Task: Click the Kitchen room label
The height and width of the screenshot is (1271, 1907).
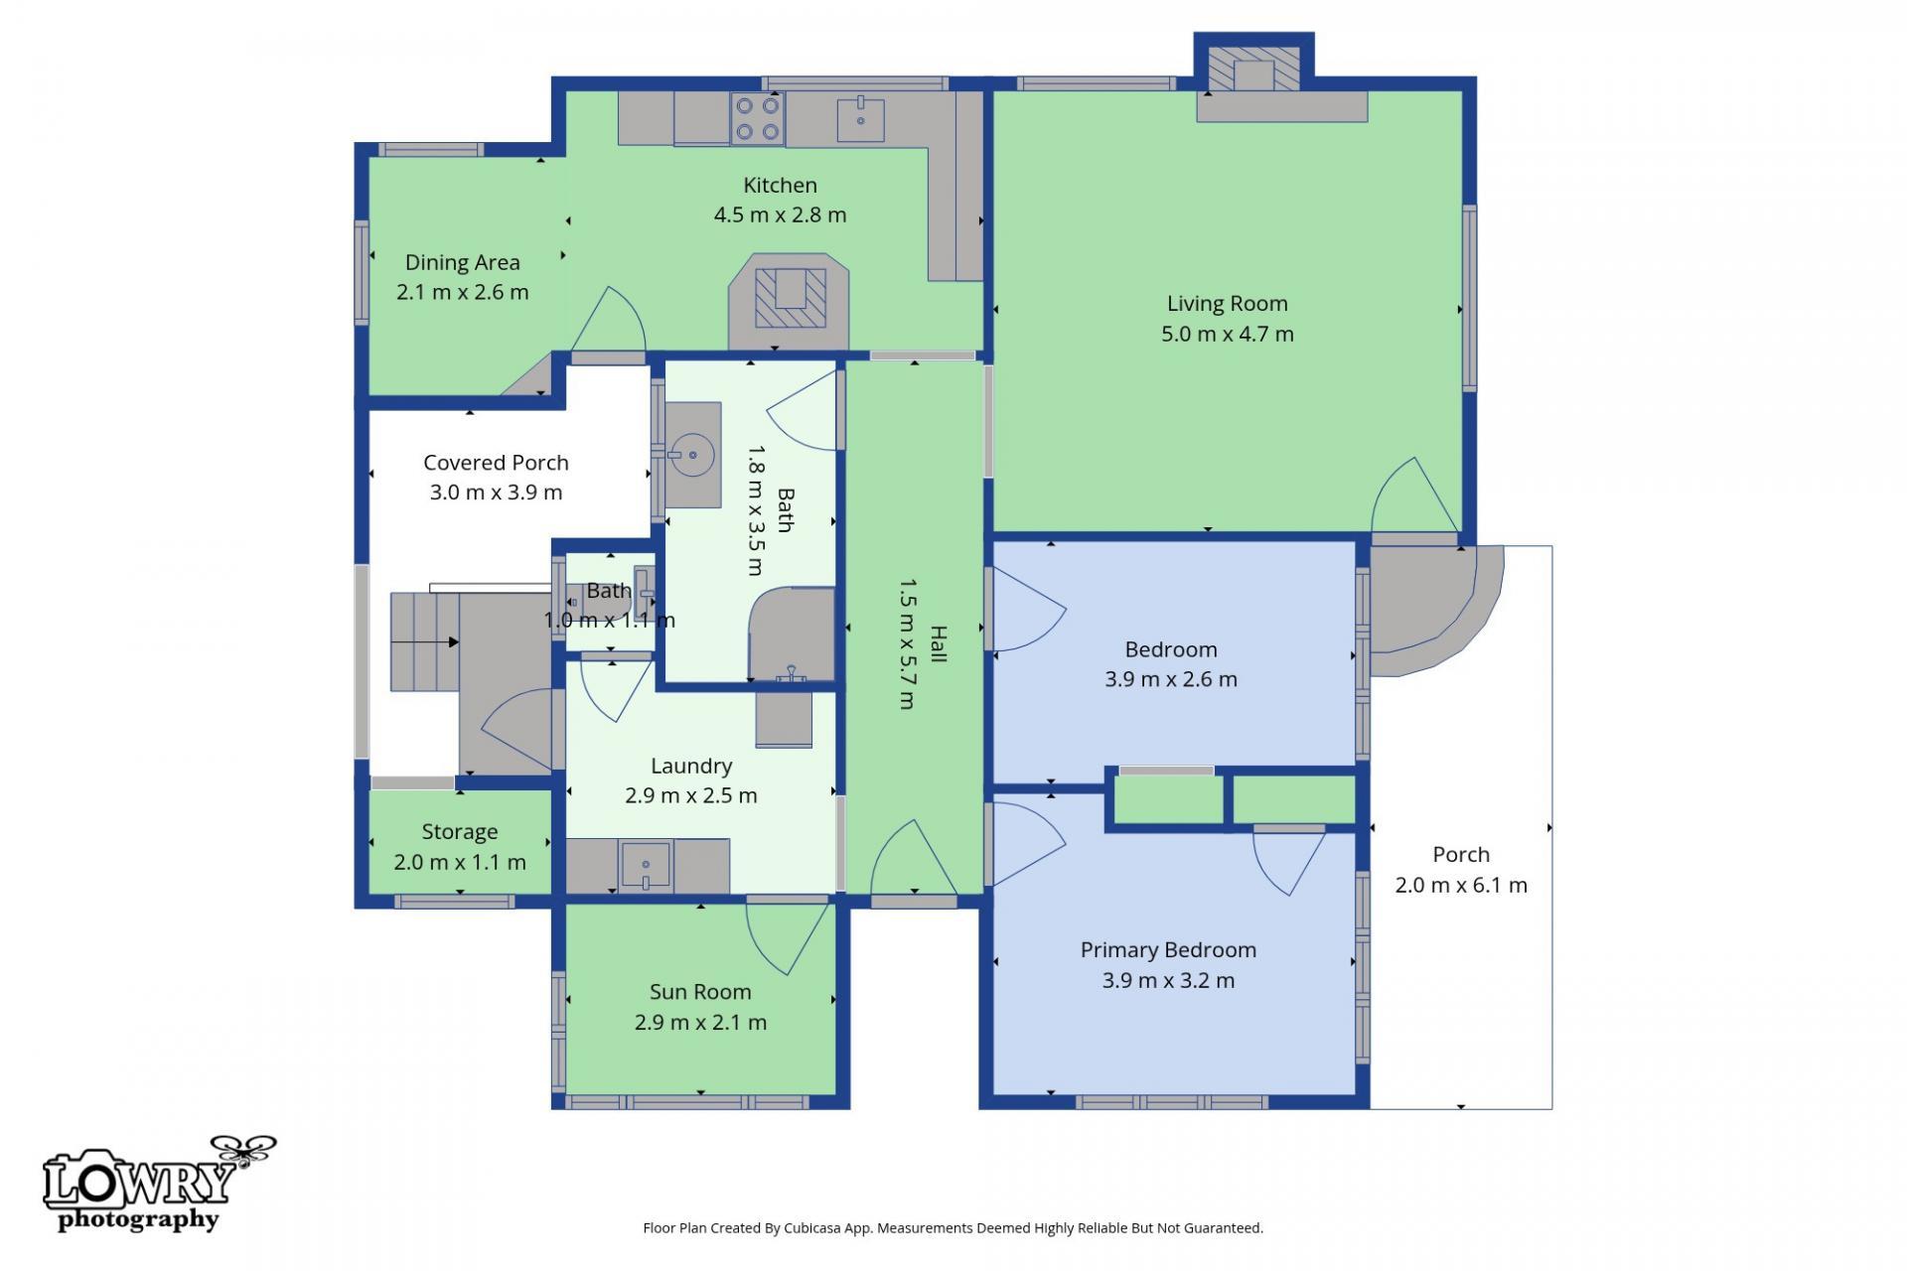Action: pyautogui.click(x=781, y=186)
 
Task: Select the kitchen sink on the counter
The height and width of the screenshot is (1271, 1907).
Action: pyautogui.click(x=860, y=119)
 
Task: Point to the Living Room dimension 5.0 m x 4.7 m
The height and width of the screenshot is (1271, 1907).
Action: pyautogui.click(x=1228, y=334)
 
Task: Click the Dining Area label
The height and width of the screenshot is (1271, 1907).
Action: pyautogui.click(x=463, y=263)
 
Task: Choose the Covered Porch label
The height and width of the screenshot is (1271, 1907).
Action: pyautogui.click(x=496, y=463)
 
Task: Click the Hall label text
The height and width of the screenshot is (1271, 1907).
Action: pyautogui.click(x=939, y=644)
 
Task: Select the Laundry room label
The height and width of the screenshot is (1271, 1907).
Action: pyautogui.click(x=691, y=766)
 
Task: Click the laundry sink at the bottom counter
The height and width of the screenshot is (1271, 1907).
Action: pyautogui.click(x=646, y=864)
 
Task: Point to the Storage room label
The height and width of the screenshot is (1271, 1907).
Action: pyautogui.click(x=460, y=832)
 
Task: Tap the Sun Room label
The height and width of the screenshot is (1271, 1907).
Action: pyautogui.click(x=700, y=992)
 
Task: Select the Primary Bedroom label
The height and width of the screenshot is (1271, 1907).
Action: pyautogui.click(x=1168, y=950)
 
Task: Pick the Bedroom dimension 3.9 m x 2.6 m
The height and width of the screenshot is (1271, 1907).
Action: pyautogui.click(x=1171, y=680)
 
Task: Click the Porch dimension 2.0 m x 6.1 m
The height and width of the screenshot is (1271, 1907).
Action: pyautogui.click(x=1461, y=886)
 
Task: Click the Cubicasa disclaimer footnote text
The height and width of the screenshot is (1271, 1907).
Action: pyautogui.click(x=953, y=1228)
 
